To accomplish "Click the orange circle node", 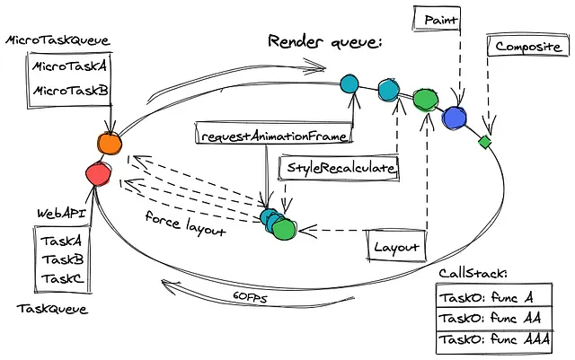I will click(108, 142).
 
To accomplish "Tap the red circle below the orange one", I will click(96, 171).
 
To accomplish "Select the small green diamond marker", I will click(484, 141).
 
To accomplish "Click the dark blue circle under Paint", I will click(455, 116).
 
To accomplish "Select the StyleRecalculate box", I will click(341, 168).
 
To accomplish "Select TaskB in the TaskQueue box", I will click(62, 260).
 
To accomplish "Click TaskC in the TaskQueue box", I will click(62, 281).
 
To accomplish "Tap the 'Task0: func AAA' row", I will click(496, 342).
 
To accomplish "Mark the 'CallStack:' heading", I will click(474, 274).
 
